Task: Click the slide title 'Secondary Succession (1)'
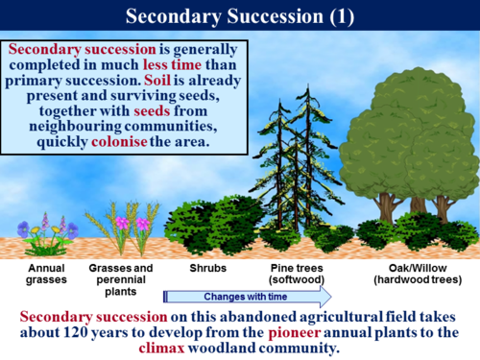click(x=240, y=16)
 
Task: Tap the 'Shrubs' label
click(x=206, y=268)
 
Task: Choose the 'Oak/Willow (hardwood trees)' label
click(x=415, y=274)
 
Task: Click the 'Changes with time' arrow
click(x=248, y=296)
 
